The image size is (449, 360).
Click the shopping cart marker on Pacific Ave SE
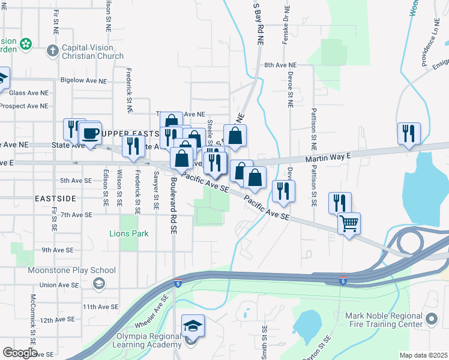349,224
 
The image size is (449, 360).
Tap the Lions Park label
128,233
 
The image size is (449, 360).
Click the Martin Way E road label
327,157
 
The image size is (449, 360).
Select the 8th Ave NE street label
280,65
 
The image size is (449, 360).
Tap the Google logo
20,353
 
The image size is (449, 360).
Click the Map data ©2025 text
423,355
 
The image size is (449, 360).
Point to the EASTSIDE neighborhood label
55,197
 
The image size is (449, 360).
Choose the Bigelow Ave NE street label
85,80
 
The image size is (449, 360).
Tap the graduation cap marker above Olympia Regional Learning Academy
193,325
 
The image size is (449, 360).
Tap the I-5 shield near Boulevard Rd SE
177,283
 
